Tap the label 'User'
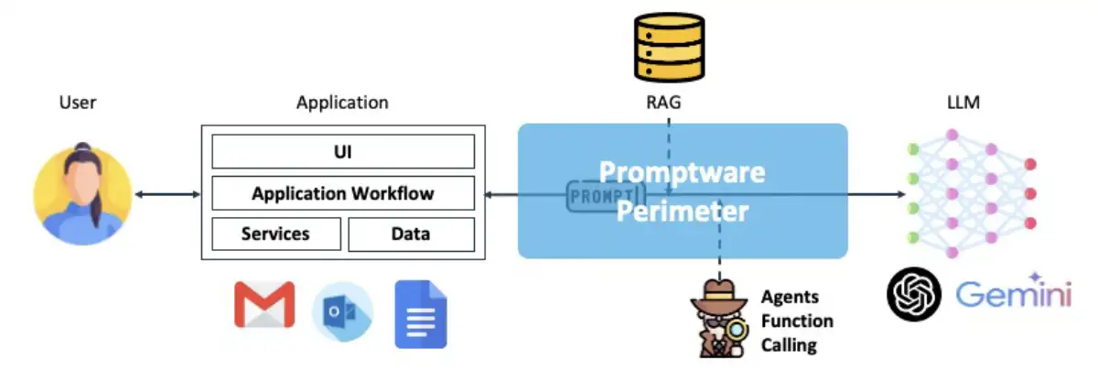[78, 103]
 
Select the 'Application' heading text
[342, 103]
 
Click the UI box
[343, 151]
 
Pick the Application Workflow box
[343, 193]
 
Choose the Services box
[275, 235]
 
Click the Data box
[411, 235]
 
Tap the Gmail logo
[264, 305]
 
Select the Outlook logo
[342, 311]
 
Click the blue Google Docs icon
[420, 314]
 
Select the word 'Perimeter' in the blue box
[682, 213]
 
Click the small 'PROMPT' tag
[605, 196]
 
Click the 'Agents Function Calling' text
[796, 322]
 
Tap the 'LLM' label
[963, 103]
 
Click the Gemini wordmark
[1013, 296]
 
